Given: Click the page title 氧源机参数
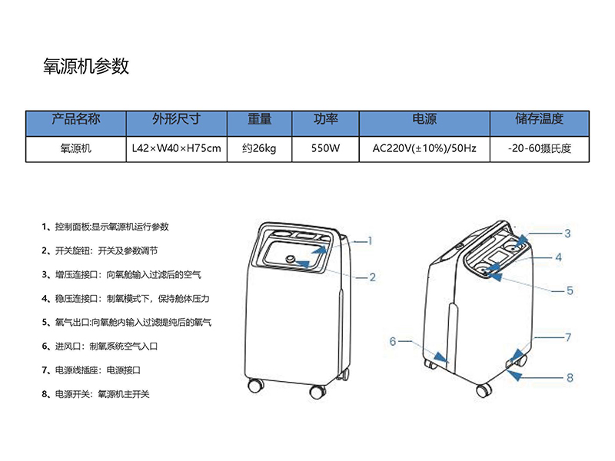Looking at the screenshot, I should pos(87,67).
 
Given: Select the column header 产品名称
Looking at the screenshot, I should pos(75,120).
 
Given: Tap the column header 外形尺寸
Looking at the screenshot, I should pos(176,120).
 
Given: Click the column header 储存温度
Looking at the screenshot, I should pos(539,120).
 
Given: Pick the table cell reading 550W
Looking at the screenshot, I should pos(326,148).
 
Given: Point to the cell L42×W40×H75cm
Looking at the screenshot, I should pos(176,148).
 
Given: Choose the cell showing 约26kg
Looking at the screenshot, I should pos(259,148).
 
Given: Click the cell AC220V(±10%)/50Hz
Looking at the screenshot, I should pos(424,148).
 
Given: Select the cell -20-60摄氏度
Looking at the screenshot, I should pos(539,148).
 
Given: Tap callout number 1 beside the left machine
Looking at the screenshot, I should pos(370,240).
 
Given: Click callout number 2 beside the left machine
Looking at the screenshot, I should pos(372,277).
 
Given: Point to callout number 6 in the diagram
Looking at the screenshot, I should pos(392,341).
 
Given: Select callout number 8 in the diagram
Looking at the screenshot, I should pos(570,377).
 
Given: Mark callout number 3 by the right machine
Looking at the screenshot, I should pos(567,234).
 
